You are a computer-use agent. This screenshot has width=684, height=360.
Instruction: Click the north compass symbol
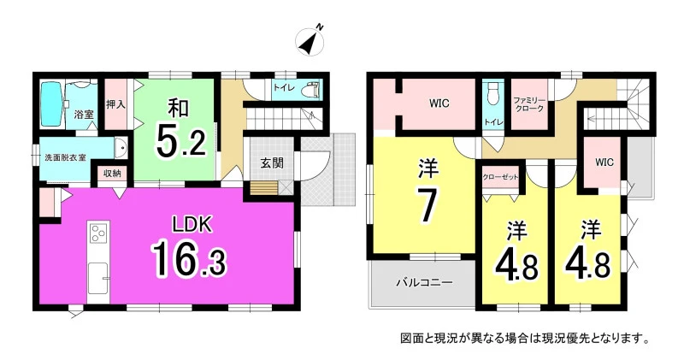coord(310,40)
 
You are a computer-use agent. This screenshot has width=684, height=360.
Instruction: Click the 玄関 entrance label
coord(272,162)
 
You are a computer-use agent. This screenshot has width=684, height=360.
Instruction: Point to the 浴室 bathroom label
coord(84,115)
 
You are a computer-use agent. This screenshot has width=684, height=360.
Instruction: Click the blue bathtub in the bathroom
coord(52,105)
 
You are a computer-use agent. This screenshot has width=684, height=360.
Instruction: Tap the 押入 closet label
coord(115,104)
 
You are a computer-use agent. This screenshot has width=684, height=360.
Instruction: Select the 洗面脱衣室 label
coord(66,157)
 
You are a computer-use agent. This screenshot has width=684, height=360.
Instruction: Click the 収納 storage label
coord(112,173)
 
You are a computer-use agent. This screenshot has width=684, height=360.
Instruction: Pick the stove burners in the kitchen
coord(98,232)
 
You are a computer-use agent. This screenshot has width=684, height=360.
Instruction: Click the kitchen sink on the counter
coord(98,279)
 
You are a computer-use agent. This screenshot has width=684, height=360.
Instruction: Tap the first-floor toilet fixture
coord(311,88)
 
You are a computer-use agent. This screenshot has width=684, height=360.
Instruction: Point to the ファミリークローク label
coord(528,104)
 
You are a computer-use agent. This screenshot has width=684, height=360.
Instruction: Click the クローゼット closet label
coord(500,177)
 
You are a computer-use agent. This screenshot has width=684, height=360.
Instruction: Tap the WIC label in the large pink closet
coord(439,103)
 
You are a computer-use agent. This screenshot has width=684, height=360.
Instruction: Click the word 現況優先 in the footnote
coord(557,338)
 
